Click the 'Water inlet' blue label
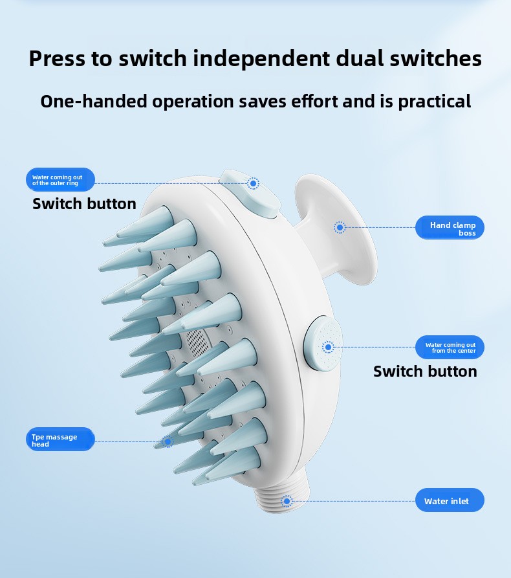pos(450,500)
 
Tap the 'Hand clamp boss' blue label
pos(450,227)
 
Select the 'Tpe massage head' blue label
pos(60,439)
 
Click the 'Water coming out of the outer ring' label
pos(60,180)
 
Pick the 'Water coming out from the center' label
pos(450,347)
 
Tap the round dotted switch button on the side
pos(323,344)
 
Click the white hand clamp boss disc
pos(335,229)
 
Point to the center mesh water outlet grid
pos(197,341)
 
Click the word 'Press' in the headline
pos(57,59)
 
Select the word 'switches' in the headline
pos(435,59)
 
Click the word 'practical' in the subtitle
pos(435,102)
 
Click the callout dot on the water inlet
pos(287,502)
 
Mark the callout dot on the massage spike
pos(168,441)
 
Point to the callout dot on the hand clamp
pos(340,227)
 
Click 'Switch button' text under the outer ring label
pos(84,204)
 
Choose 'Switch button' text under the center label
pos(425,372)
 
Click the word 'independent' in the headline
pos(261,59)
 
